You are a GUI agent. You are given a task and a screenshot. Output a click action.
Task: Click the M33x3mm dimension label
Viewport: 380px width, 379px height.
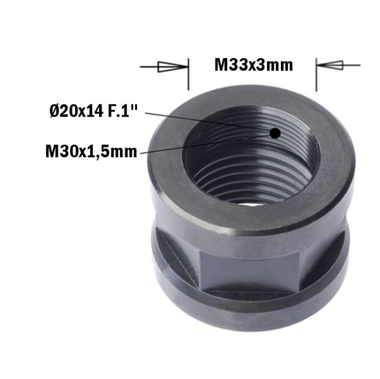(x=253, y=65)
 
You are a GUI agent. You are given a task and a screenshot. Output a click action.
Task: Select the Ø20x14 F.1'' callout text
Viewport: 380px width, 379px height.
(x=90, y=111)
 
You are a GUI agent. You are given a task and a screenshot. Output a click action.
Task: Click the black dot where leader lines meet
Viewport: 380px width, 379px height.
(x=275, y=132)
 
